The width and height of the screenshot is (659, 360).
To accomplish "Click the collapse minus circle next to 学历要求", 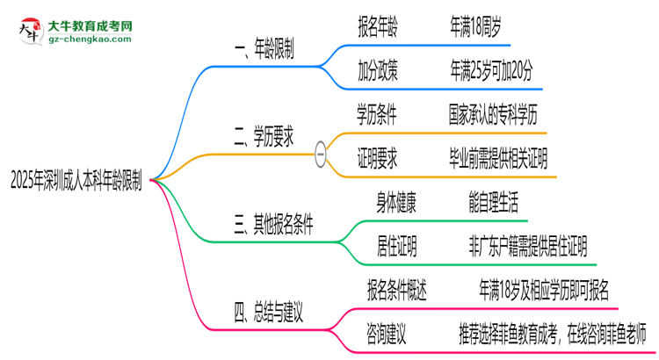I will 321,154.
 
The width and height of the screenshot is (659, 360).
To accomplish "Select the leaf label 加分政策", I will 377,70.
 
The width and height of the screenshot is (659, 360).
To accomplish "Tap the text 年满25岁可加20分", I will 491,70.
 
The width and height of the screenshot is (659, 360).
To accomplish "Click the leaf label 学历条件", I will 377,114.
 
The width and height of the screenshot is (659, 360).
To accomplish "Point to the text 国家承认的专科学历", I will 497,114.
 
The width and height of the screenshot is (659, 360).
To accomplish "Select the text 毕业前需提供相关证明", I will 497,158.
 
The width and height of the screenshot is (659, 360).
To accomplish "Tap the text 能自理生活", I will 497,203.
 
